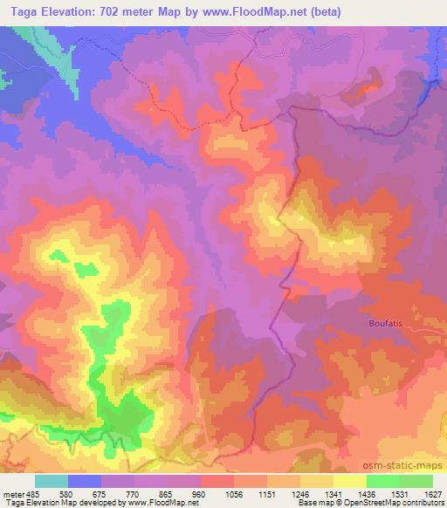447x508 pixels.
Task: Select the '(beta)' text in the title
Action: coord(323,12)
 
